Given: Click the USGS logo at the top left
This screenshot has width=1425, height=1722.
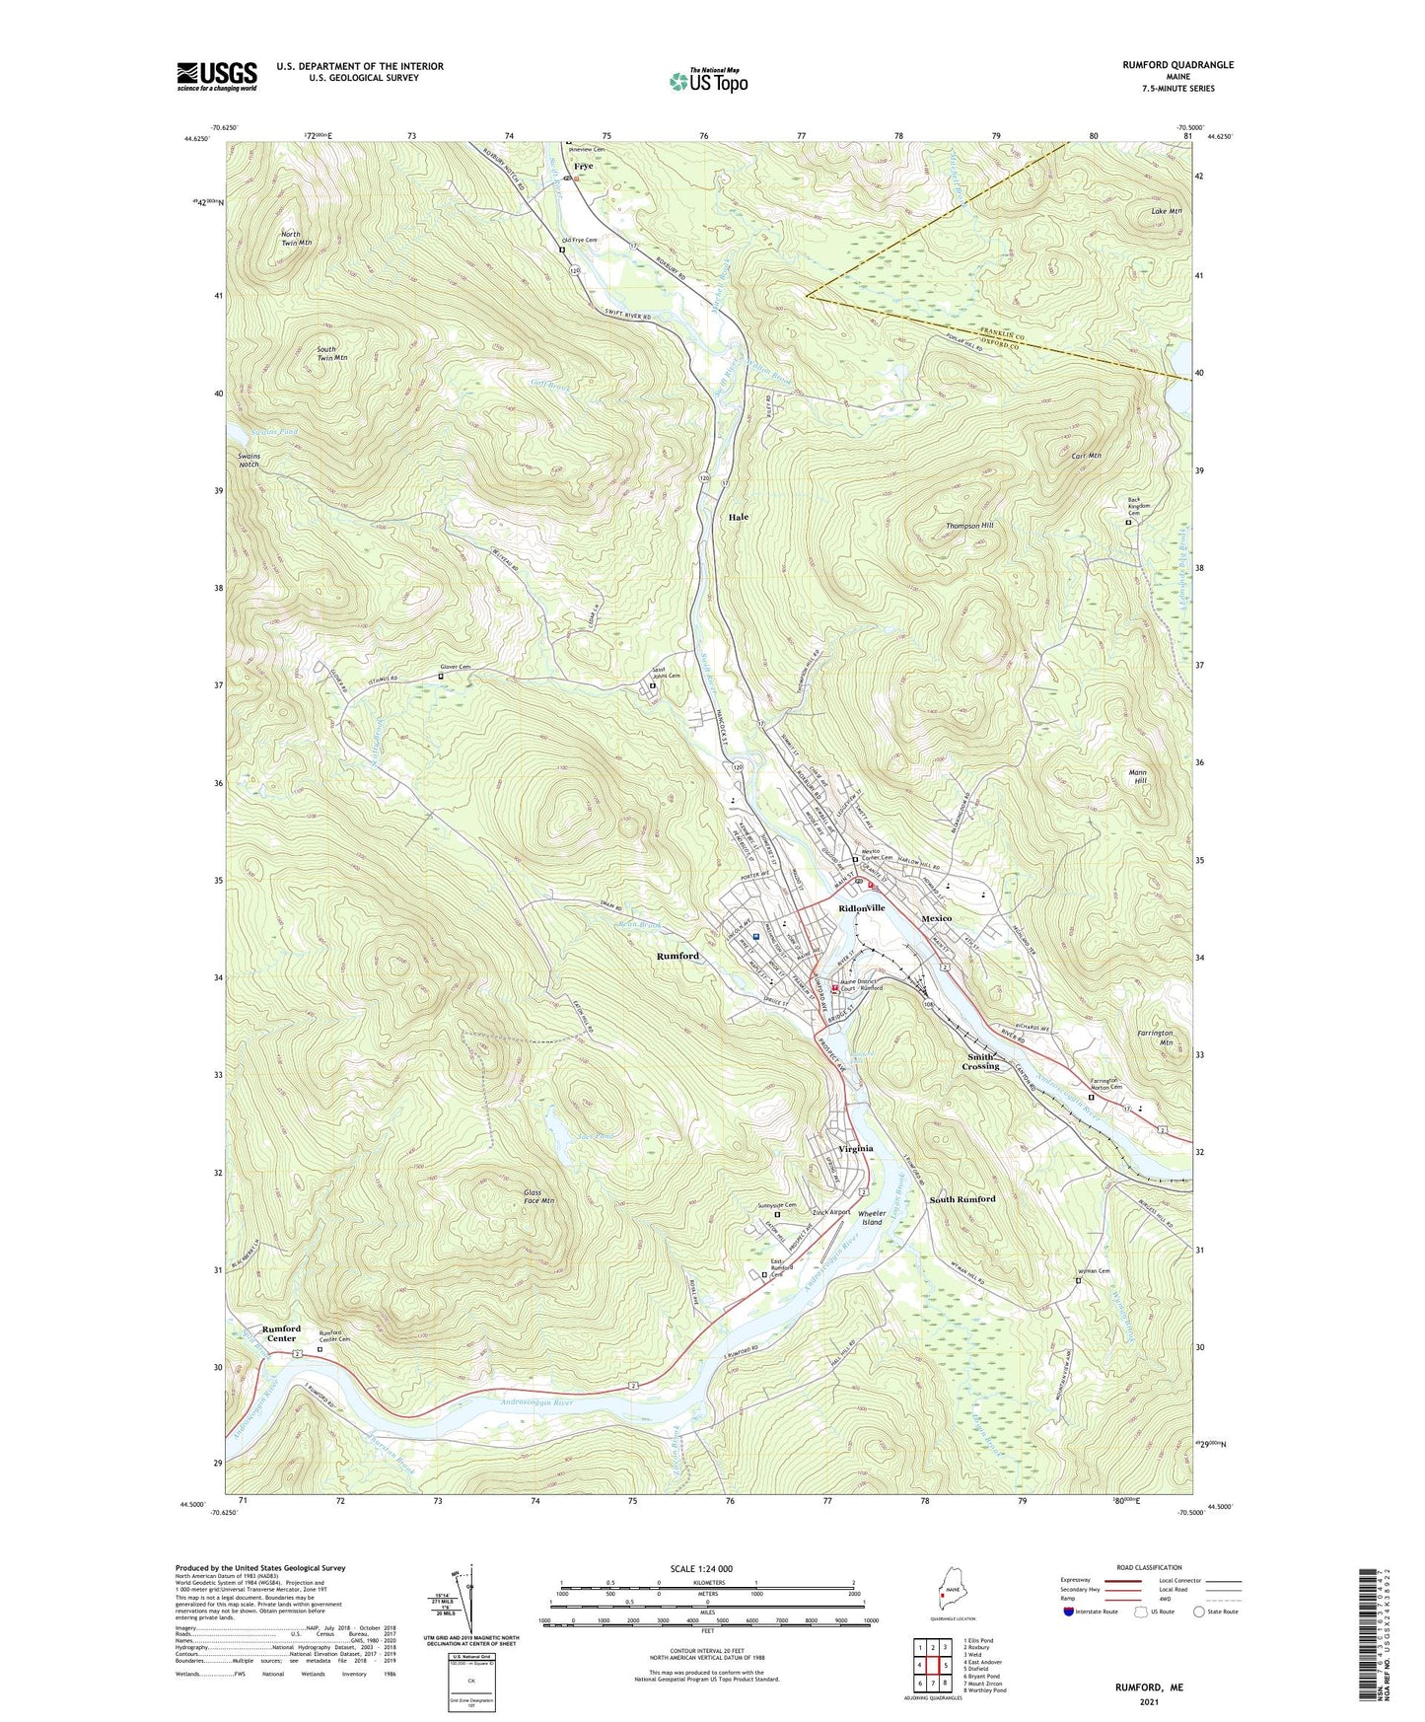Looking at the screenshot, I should [x=217, y=76].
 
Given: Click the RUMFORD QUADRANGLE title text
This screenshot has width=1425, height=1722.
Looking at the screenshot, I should [x=1177, y=65].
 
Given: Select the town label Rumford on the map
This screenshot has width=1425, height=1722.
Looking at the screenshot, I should [x=677, y=957].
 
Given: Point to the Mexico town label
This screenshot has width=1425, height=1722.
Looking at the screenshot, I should [x=936, y=918].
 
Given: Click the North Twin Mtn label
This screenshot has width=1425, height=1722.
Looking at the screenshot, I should [x=296, y=237].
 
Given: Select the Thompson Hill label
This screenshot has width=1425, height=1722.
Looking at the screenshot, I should [x=969, y=526].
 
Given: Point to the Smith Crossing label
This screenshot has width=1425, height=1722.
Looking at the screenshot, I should [x=980, y=1061].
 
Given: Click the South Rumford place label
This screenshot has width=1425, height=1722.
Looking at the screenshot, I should [x=962, y=1199].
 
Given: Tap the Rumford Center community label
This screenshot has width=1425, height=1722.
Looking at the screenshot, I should [x=281, y=1333].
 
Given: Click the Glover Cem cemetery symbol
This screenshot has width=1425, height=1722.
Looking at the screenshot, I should [x=441, y=677].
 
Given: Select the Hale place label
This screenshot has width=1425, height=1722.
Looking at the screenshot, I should [x=739, y=517].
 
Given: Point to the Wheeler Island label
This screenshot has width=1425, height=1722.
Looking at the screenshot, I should [x=871, y=1218].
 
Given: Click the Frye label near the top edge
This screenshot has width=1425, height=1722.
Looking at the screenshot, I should [x=584, y=167].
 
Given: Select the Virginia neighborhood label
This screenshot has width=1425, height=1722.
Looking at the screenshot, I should [x=856, y=1149].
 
